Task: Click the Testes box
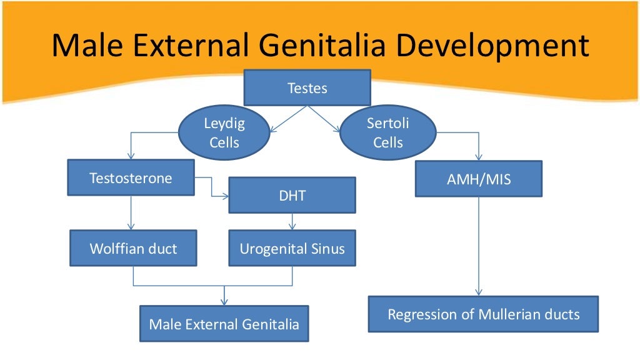click(307, 87)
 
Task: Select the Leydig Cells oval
click(224, 132)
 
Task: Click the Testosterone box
click(131, 178)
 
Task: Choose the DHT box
click(292, 195)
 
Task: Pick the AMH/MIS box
click(479, 179)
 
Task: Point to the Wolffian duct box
click(133, 248)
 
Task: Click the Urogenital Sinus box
click(292, 248)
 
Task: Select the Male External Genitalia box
click(224, 324)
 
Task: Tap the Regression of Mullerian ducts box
click(483, 314)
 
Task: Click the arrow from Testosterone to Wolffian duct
click(131, 212)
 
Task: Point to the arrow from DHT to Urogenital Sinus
click(292, 221)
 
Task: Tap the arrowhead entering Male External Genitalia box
click(224, 301)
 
